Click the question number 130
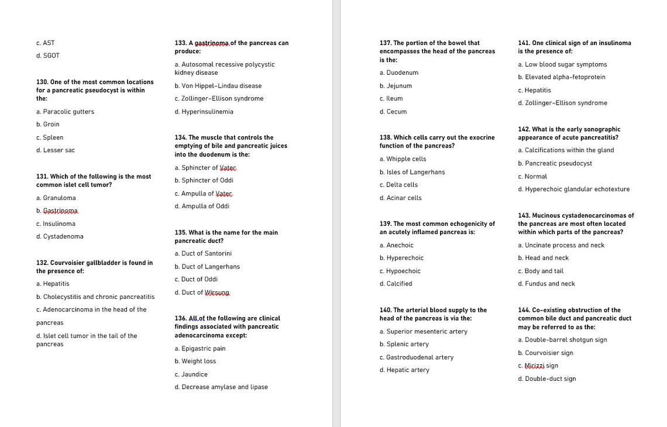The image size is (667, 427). (42, 82)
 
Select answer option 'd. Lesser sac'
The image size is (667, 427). (56, 150)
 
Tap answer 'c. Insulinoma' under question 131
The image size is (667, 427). (56, 224)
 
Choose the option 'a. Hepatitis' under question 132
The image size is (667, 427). (53, 284)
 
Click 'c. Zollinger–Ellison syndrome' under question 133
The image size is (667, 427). (219, 99)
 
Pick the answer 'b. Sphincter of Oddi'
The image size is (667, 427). (204, 181)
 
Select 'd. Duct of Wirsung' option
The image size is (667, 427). (202, 292)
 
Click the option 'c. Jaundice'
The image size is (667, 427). (191, 374)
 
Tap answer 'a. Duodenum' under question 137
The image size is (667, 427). (398, 73)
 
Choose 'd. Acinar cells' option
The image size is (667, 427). (400, 198)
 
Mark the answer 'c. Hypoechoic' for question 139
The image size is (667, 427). (400, 271)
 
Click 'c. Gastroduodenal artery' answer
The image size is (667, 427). (416, 357)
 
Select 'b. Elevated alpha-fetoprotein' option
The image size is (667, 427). (561, 77)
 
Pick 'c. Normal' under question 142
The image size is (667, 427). (532, 177)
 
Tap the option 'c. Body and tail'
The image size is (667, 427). (540, 271)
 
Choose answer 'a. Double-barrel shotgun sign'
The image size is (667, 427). (562, 340)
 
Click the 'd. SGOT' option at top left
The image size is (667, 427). (47, 56)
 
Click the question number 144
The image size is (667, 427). (524, 311)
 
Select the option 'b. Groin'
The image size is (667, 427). (47, 125)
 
